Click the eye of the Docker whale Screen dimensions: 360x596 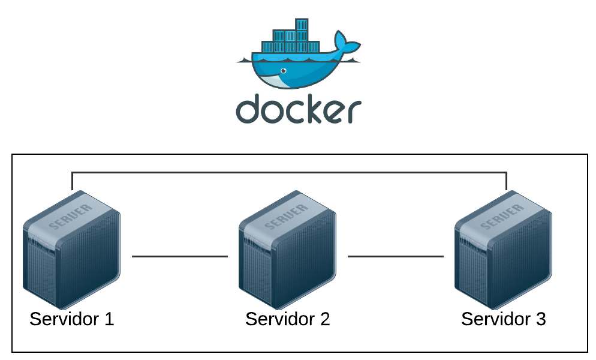[283, 71]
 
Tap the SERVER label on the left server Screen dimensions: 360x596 [71, 216]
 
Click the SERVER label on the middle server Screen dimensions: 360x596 [287, 216]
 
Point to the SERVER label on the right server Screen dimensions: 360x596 [503, 216]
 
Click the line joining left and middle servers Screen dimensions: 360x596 [179, 256]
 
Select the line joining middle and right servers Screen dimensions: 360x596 [395, 256]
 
